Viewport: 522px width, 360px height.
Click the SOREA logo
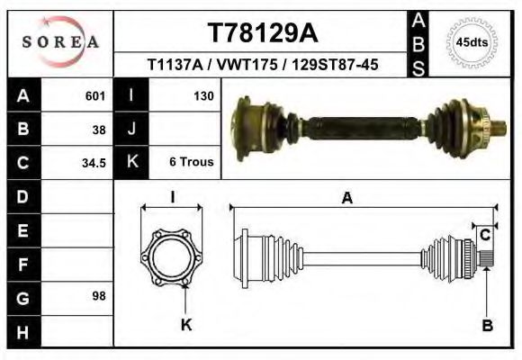click(59, 42)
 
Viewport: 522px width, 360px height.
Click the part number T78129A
click(262, 33)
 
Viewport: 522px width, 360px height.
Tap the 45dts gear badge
click(472, 42)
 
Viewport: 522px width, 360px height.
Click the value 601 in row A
click(94, 95)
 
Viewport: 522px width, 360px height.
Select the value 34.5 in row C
click(94, 163)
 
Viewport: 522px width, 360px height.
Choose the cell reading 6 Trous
click(191, 163)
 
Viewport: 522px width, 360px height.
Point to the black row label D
click(23, 196)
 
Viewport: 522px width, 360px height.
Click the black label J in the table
click(132, 129)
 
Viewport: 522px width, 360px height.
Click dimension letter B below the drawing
click(487, 326)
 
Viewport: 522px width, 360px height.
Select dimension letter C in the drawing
click(484, 236)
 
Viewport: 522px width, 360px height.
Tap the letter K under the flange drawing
click(186, 325)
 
